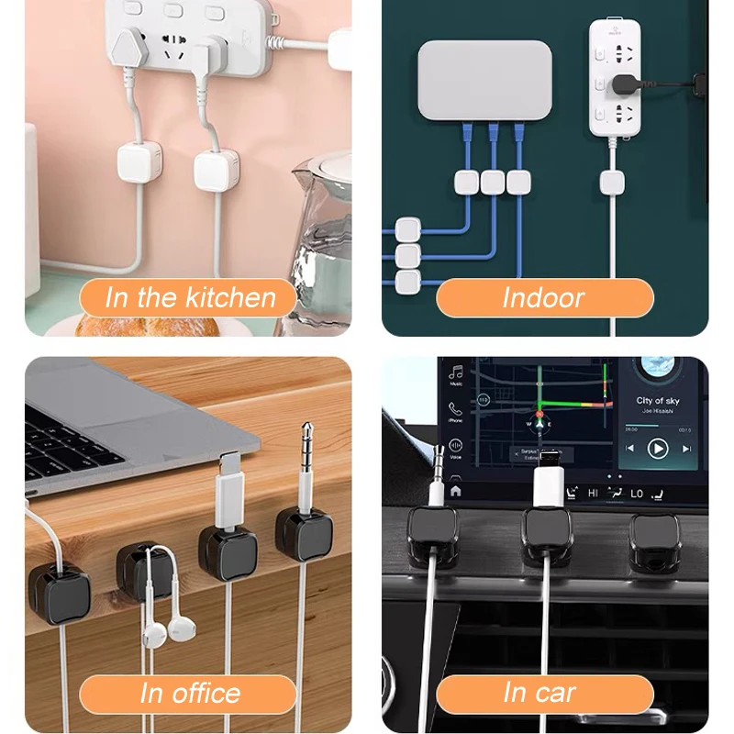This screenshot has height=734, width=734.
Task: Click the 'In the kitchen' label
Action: (x=190, y=298)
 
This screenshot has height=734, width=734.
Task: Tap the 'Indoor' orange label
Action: (x=543, y=298)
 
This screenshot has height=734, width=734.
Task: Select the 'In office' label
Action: (x=190, y=694)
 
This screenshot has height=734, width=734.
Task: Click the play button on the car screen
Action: (x=658, y=449)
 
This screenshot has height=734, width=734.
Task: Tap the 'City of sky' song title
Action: (x=658, y=401)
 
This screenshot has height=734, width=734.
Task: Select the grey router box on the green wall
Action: (x=484, y=80)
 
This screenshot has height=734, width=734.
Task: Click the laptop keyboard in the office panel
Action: (x=64, y=450)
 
